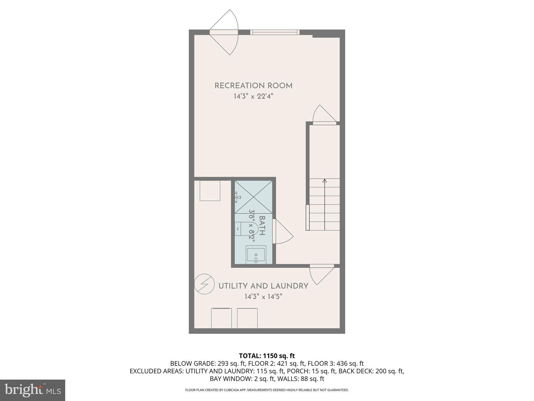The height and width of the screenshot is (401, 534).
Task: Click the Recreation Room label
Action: coord(253,86)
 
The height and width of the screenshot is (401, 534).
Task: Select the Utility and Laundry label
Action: coord(263,286)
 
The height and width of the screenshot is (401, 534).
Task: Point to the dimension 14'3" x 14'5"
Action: coord(263,297)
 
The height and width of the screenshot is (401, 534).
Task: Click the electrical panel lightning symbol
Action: coord(204,284)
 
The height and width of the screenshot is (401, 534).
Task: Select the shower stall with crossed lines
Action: coord(253,197)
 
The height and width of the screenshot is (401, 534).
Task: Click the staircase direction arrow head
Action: coord(325,181)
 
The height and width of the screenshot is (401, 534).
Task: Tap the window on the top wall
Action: coord(275,32)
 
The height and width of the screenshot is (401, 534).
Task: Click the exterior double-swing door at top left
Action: coord(224,32)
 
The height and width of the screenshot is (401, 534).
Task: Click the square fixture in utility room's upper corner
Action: coord(210,191)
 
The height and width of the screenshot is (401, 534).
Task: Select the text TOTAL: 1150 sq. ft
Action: coord(267,356)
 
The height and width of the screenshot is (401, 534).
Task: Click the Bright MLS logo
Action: coord(33,390)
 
